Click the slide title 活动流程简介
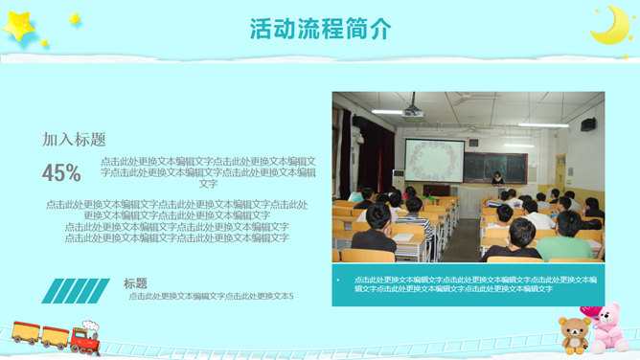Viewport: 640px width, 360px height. (x=320, y=29)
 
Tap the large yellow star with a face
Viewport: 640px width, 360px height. (x=19, y=27)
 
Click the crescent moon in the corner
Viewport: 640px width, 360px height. (x=609, y=26)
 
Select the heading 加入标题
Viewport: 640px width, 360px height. (x=74, y=139)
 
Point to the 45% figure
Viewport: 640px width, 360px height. (x=61, y=172)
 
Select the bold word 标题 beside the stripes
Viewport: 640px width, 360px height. (x=135, y=283)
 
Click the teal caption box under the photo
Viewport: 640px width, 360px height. (x=468, y=284)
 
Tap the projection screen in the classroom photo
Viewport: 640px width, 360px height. (x=434, y=160)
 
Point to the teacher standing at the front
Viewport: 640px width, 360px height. (x=497, y=179)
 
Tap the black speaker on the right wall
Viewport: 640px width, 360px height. (x=587, y=124)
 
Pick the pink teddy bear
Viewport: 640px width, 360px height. (x=607, y=331)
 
